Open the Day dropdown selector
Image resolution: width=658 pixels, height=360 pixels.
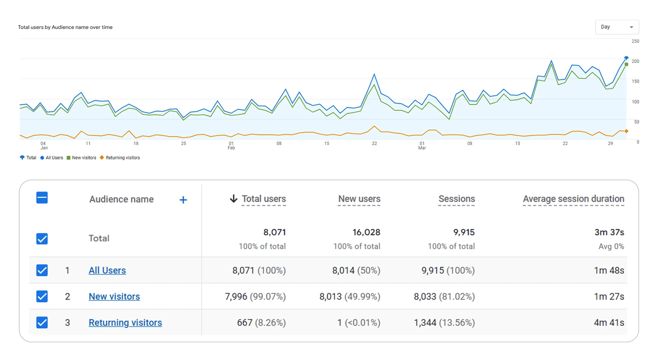pos(616,27)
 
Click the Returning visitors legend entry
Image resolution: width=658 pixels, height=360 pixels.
pos(122,158)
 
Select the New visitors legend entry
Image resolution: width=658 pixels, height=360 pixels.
pos(83,158)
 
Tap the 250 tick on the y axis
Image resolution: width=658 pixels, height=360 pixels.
pos(635,41)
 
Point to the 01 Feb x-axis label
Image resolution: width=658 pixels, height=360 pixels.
pos(231,145)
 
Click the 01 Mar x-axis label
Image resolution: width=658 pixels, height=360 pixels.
pos(422,145)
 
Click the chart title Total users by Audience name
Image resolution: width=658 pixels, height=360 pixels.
pos(65,27)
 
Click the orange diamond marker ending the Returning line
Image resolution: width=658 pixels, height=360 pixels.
pos(626,131)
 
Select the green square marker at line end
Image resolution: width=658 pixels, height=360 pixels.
pos(626,65)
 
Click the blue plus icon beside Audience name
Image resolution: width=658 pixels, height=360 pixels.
pos(183,200)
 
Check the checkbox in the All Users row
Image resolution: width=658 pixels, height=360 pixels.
pos(42,270)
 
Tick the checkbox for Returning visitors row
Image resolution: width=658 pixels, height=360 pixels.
pos(42,323)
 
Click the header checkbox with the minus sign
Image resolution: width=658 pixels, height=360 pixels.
pos(42,198)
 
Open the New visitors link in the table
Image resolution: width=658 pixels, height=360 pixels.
pos(114,296)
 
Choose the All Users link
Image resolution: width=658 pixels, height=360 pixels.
pos(107,270)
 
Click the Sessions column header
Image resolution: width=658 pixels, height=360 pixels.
pos(456,199)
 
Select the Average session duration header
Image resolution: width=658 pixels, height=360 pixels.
pos(573,199)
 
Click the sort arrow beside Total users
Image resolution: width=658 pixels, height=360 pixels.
pos(233,199)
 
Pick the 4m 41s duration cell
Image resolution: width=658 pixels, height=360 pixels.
pos(609,323)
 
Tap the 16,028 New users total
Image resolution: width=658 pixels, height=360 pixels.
pos(366,232)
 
